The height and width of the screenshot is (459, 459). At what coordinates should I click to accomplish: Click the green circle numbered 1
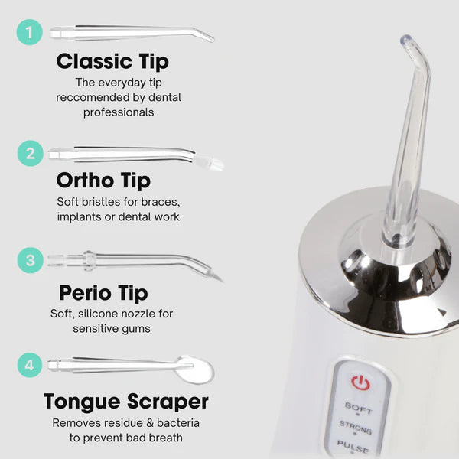[x=30, y=32]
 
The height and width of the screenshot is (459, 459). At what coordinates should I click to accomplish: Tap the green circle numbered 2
[x=31, y=154]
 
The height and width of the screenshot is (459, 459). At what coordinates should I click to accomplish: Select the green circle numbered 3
[x=31, y=260]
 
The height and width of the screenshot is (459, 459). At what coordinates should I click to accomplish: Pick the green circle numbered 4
[x=30, y=365]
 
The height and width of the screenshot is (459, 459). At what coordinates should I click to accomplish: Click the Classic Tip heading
[x=112, y=62]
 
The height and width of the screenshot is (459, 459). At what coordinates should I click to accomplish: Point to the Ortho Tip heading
[x=103, y=181]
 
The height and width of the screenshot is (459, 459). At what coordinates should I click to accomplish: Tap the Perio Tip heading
[x=103, y=293]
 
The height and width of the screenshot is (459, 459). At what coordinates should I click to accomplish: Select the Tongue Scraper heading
[x=126, y=402]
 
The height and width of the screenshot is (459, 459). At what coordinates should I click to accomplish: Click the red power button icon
[x=360, y=382]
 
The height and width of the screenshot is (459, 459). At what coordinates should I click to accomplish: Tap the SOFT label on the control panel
[x=358, y=408]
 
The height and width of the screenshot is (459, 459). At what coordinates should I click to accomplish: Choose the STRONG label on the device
[x=356, y=427]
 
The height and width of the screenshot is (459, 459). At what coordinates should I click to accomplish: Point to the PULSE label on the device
[x=353, y=447]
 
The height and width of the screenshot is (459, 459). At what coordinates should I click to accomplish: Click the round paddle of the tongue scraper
[x=196, y=370]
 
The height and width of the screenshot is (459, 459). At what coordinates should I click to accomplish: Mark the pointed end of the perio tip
[x=223, y=282]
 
